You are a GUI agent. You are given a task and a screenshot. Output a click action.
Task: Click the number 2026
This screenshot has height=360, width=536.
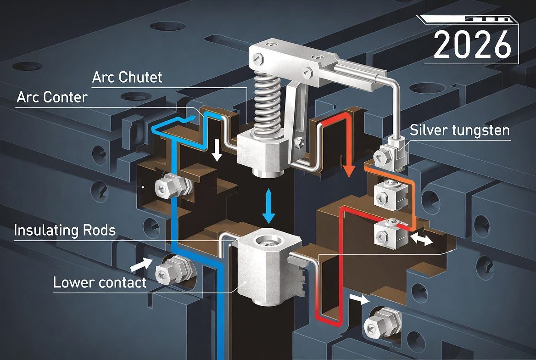(x=472, y=45)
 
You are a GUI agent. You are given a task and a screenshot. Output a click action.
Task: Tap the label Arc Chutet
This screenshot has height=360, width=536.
(x=127, y=77)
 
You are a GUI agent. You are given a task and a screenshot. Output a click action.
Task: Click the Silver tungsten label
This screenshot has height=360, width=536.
(x=460, y=130)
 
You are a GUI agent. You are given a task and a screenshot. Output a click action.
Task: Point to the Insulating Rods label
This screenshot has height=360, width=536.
(x=64, y=230)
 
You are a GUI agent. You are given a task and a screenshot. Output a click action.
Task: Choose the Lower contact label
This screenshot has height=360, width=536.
(x=100, y=282)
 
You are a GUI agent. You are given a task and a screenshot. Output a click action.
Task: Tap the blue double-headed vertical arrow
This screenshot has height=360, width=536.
(x=268, y=206)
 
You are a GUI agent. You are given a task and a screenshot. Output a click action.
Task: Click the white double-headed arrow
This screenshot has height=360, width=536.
(x=422, y=239)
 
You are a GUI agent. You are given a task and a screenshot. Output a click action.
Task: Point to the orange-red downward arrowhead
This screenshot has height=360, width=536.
(x=349, y=171)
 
